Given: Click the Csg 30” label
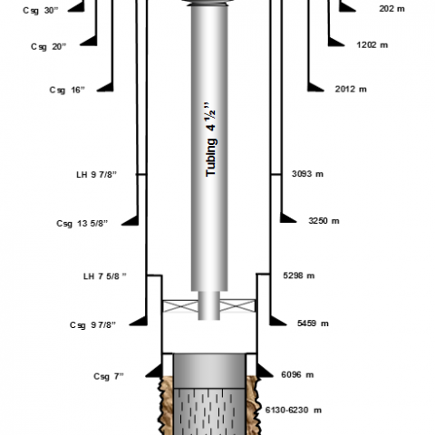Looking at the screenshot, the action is tap(41, 11).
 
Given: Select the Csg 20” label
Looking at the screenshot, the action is tap(48, 47).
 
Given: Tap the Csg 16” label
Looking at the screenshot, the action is tap(67, 90).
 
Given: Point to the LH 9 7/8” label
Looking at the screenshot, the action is tap(96, 175).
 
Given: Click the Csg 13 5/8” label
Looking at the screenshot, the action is tap(82, 224).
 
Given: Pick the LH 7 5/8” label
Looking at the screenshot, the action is tap(105, 276).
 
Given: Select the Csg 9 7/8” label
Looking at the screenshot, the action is tap(92, 325).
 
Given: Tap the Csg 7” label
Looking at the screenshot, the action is tap(109, 376).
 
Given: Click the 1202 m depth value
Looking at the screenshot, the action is tap(372, 45).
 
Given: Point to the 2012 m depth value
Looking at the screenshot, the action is tap(351, 89).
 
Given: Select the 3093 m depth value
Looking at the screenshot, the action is tap(307, 174).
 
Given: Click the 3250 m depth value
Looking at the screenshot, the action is tap(324, 221).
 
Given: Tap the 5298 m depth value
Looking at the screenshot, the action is tap(299, 275).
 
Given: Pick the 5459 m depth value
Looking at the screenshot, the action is tap(313, 324).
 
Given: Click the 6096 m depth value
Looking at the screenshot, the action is tap(297, 374).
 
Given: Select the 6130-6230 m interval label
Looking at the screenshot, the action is tap(294, 410).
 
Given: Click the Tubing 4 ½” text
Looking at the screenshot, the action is tap(210, 140).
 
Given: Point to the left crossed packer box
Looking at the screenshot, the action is tap(180, 306).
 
